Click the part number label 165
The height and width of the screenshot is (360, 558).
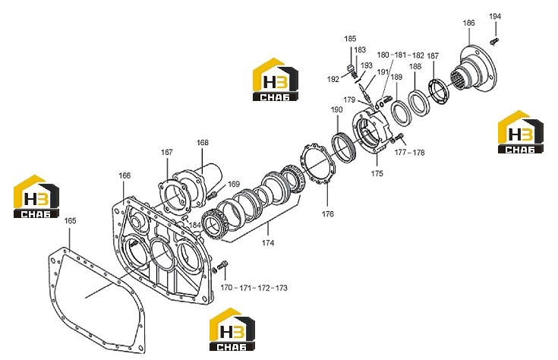[70, 221]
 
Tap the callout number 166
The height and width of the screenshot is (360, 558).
[125, 175]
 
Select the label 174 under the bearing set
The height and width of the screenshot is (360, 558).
[268, 243]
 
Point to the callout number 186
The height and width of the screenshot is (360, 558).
[468, 23]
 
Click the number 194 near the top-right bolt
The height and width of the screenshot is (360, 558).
[495, 17]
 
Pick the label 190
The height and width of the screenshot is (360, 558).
[336, 109]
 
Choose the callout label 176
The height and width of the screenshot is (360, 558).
[328, 214]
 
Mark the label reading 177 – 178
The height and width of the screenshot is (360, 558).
[410, 153]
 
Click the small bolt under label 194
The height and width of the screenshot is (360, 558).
[494, 41]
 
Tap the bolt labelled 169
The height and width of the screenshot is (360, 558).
[212, 194]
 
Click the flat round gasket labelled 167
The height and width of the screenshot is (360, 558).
[173, 195]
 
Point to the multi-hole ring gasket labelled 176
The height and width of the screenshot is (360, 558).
[317, 163]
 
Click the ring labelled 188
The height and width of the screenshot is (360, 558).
[419, 103]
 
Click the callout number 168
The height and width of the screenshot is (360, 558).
[203, 143]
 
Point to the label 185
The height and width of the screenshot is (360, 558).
[350, 39]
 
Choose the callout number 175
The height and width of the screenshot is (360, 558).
[377, 174]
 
